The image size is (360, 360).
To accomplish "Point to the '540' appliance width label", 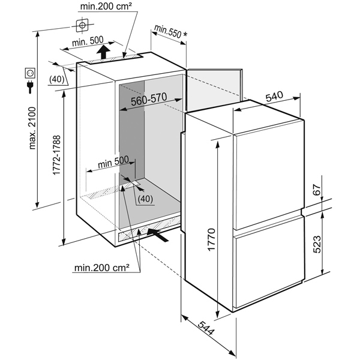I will click(x=275, y=95).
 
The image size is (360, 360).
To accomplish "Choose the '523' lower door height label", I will click(x=317, y=244).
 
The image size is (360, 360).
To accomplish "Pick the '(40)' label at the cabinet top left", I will click(x=58, y=79).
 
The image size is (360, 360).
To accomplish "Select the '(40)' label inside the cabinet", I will click(x=145, y=199).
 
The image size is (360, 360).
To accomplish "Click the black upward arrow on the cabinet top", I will click(x=103, y=52).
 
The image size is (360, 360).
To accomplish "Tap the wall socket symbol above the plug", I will click(x=28, y=73).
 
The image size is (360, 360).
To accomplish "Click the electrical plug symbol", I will click(x=28, y=88).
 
